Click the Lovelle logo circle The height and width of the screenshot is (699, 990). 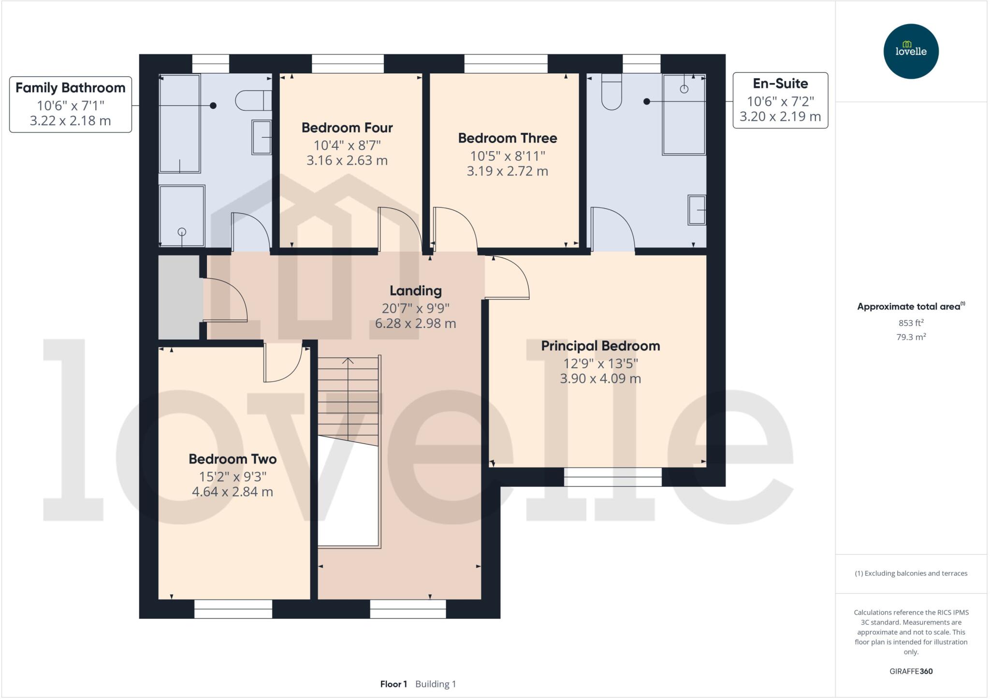(x=911, y=51)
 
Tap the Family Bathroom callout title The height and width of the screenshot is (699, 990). (x=71, y=88)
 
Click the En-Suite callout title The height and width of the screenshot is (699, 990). (x=780, y=84)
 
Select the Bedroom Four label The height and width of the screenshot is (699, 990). (x=347, y=128)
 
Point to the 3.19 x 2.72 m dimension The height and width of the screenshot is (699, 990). (x=507, y=171)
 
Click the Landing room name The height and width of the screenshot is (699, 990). (x=416, y=291)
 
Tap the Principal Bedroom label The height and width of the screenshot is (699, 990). (x=600, y=346)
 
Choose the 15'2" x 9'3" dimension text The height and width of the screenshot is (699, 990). (x=233, y=477)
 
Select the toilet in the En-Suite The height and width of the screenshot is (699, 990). (x=611, y=94)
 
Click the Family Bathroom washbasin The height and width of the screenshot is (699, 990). (x=262, y=137)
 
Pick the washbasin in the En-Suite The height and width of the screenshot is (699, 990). (x=697, y=210)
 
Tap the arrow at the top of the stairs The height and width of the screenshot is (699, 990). (x=348, y=360)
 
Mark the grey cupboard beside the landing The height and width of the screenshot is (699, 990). (x=179, y=297)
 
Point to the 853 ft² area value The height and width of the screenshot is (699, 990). (x=911, y=323)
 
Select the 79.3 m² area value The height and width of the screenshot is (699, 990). (x=911, y=337)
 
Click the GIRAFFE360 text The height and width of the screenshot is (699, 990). (x=911, y=671)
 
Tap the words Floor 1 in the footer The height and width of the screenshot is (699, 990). (x=393, y=684)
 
